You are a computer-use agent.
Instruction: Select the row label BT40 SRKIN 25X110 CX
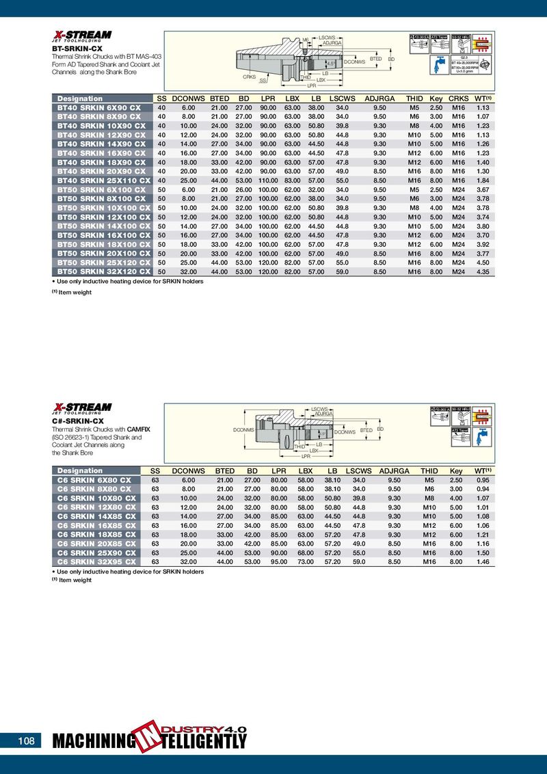[x=101, y=181]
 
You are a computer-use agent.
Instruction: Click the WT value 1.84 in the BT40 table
[x=483, y=181]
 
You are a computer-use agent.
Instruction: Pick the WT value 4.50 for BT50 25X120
[x=483, y=263]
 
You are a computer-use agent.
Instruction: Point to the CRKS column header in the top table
[x=458, y=98]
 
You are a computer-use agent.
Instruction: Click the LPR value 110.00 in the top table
[x=267, y=181]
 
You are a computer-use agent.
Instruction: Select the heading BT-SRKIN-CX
[x=78, y=49]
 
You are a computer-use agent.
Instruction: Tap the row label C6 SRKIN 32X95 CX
[x=95, y=561]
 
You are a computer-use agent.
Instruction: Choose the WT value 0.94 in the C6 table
[x=482, y=489]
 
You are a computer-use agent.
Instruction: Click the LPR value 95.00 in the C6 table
[x=278, y=561]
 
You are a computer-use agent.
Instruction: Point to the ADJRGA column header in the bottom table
[x=394, y=471]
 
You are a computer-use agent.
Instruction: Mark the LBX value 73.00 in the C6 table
[x=306, y=561]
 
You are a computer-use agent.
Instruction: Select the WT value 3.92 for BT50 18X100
[x=483, y=244]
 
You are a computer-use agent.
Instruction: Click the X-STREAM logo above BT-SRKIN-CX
[x=83, y=36]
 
